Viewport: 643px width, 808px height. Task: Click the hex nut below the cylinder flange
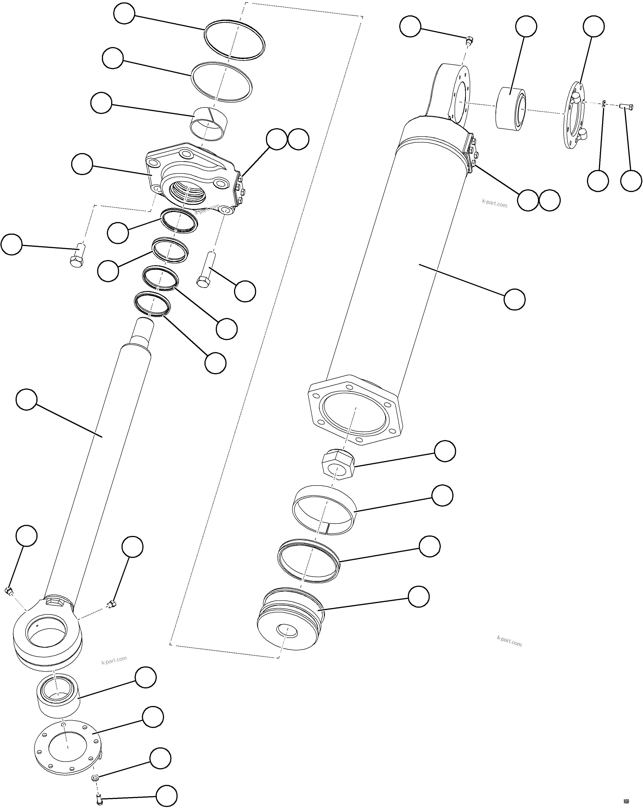(x=338, y=464)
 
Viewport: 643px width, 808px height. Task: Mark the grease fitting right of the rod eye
(x=110, y=604)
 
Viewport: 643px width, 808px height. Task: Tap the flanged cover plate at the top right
(x=575, y=116)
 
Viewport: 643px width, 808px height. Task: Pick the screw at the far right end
(x=627, y=107)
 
